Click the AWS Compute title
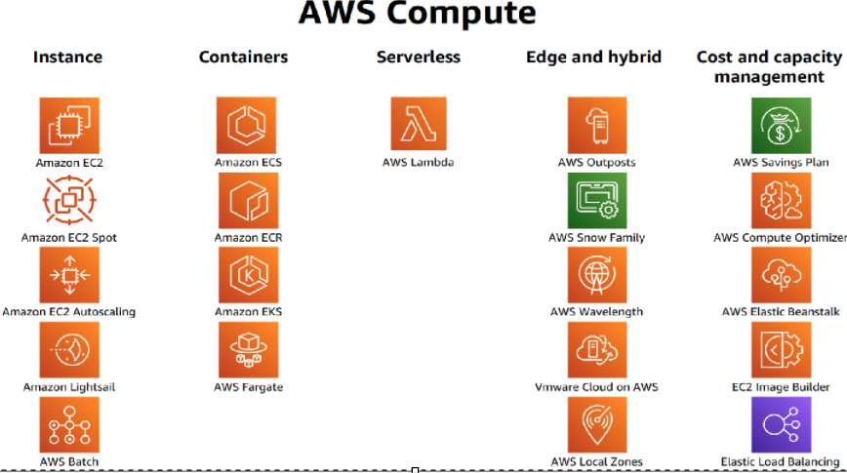[417, 15]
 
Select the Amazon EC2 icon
[69, 126]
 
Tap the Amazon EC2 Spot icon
[69, 201]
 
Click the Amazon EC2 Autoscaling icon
[69, 275]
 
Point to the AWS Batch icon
[69, 424]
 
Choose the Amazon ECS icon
[247, 126]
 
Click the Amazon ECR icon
[247, 201]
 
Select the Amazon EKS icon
[247, 275]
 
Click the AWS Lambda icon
[418, 126]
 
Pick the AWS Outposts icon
[596, 126]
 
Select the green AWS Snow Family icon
[596, 201]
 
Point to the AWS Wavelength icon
[596, 275]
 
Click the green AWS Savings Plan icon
[781, 126]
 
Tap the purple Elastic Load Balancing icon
[781, 424]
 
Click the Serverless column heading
[418, 58]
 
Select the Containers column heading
[243, 58]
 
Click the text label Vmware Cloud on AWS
[596, 387]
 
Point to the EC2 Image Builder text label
[780, 387]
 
